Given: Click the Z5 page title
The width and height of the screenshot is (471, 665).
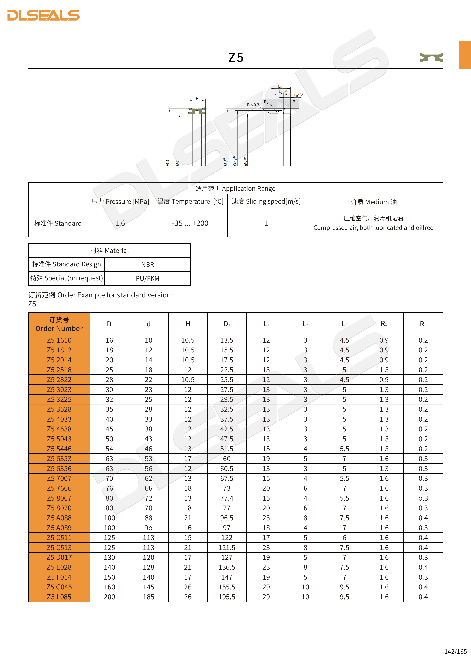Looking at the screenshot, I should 236,58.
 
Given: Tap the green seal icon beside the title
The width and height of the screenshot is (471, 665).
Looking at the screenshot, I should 431,58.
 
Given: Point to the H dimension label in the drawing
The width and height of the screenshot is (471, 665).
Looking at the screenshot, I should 197,99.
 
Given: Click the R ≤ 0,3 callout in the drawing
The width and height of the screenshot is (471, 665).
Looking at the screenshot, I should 253,105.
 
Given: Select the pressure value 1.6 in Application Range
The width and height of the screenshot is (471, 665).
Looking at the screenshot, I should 120,223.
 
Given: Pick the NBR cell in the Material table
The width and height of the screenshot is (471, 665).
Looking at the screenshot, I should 148,264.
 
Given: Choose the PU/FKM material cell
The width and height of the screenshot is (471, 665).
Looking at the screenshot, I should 148,278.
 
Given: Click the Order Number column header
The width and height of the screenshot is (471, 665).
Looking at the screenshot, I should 59,324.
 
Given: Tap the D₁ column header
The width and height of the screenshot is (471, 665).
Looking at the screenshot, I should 227,324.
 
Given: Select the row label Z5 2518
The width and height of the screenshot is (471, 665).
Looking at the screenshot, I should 59,370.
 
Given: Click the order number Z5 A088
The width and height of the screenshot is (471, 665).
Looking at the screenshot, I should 59,518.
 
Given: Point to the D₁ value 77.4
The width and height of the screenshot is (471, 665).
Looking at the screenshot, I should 227,498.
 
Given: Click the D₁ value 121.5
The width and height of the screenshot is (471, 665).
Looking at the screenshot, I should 227,547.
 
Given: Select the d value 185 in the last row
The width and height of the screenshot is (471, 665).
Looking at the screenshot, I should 149,597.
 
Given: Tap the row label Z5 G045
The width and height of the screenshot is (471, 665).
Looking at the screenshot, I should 59,587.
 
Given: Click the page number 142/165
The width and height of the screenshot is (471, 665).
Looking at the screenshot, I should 455,651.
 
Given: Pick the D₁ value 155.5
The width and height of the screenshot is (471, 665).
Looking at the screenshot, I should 227,587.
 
